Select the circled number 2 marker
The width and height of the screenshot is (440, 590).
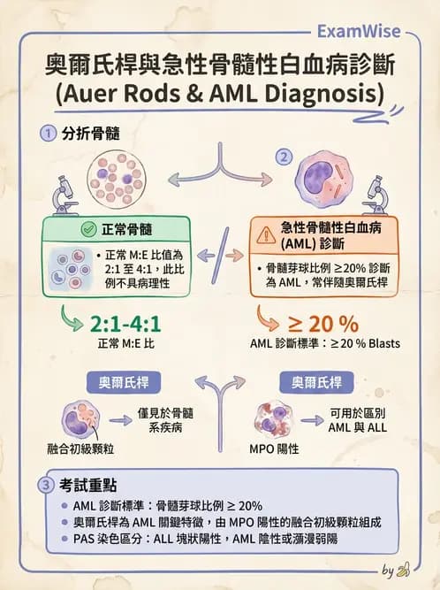coord(284,157)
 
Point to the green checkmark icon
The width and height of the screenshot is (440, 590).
coord(88,229)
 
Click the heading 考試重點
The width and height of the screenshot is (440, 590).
coord(87,485)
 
